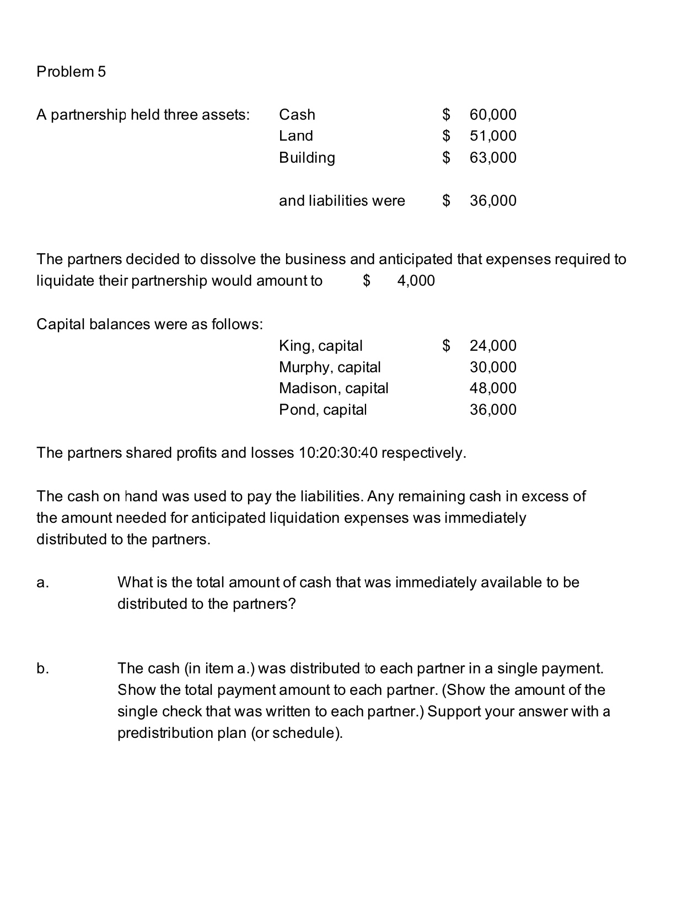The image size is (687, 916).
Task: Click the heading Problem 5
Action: pos(71,72)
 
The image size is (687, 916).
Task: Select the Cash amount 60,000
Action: pos(493,115)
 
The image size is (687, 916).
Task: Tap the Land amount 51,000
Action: pos(493,136)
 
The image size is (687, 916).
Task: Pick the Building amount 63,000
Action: pos(493,158)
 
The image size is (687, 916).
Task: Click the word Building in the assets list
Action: pos(307,158)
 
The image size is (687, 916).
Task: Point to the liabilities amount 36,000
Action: pos(493,201)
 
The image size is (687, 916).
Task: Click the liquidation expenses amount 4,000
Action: pos(416,281)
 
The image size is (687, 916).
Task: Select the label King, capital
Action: pos(320,346)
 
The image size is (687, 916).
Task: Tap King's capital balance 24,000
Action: pos(493,346)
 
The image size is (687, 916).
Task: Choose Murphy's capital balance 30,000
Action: pos(493,367)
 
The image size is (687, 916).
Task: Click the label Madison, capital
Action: pos(334,388)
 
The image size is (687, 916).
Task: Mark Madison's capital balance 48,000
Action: pos(493,388)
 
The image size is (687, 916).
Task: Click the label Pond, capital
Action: pos(323,410)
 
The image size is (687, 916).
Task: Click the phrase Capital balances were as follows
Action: pos(149,324)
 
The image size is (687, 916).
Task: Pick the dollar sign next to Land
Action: pos(447,136)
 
